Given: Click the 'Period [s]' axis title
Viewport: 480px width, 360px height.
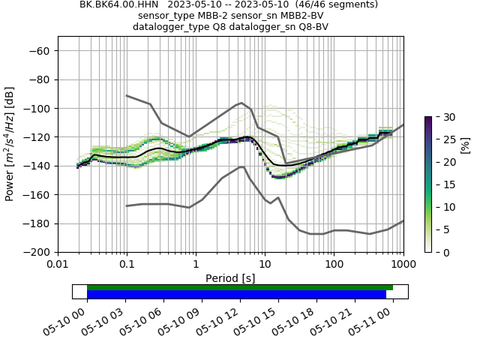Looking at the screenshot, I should click(230, 278).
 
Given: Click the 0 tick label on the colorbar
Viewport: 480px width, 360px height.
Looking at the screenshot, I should click(442, 252).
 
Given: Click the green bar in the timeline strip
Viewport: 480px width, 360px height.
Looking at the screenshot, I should click(240, 287).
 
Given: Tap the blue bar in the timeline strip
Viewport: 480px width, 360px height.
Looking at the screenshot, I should click(236, 295).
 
